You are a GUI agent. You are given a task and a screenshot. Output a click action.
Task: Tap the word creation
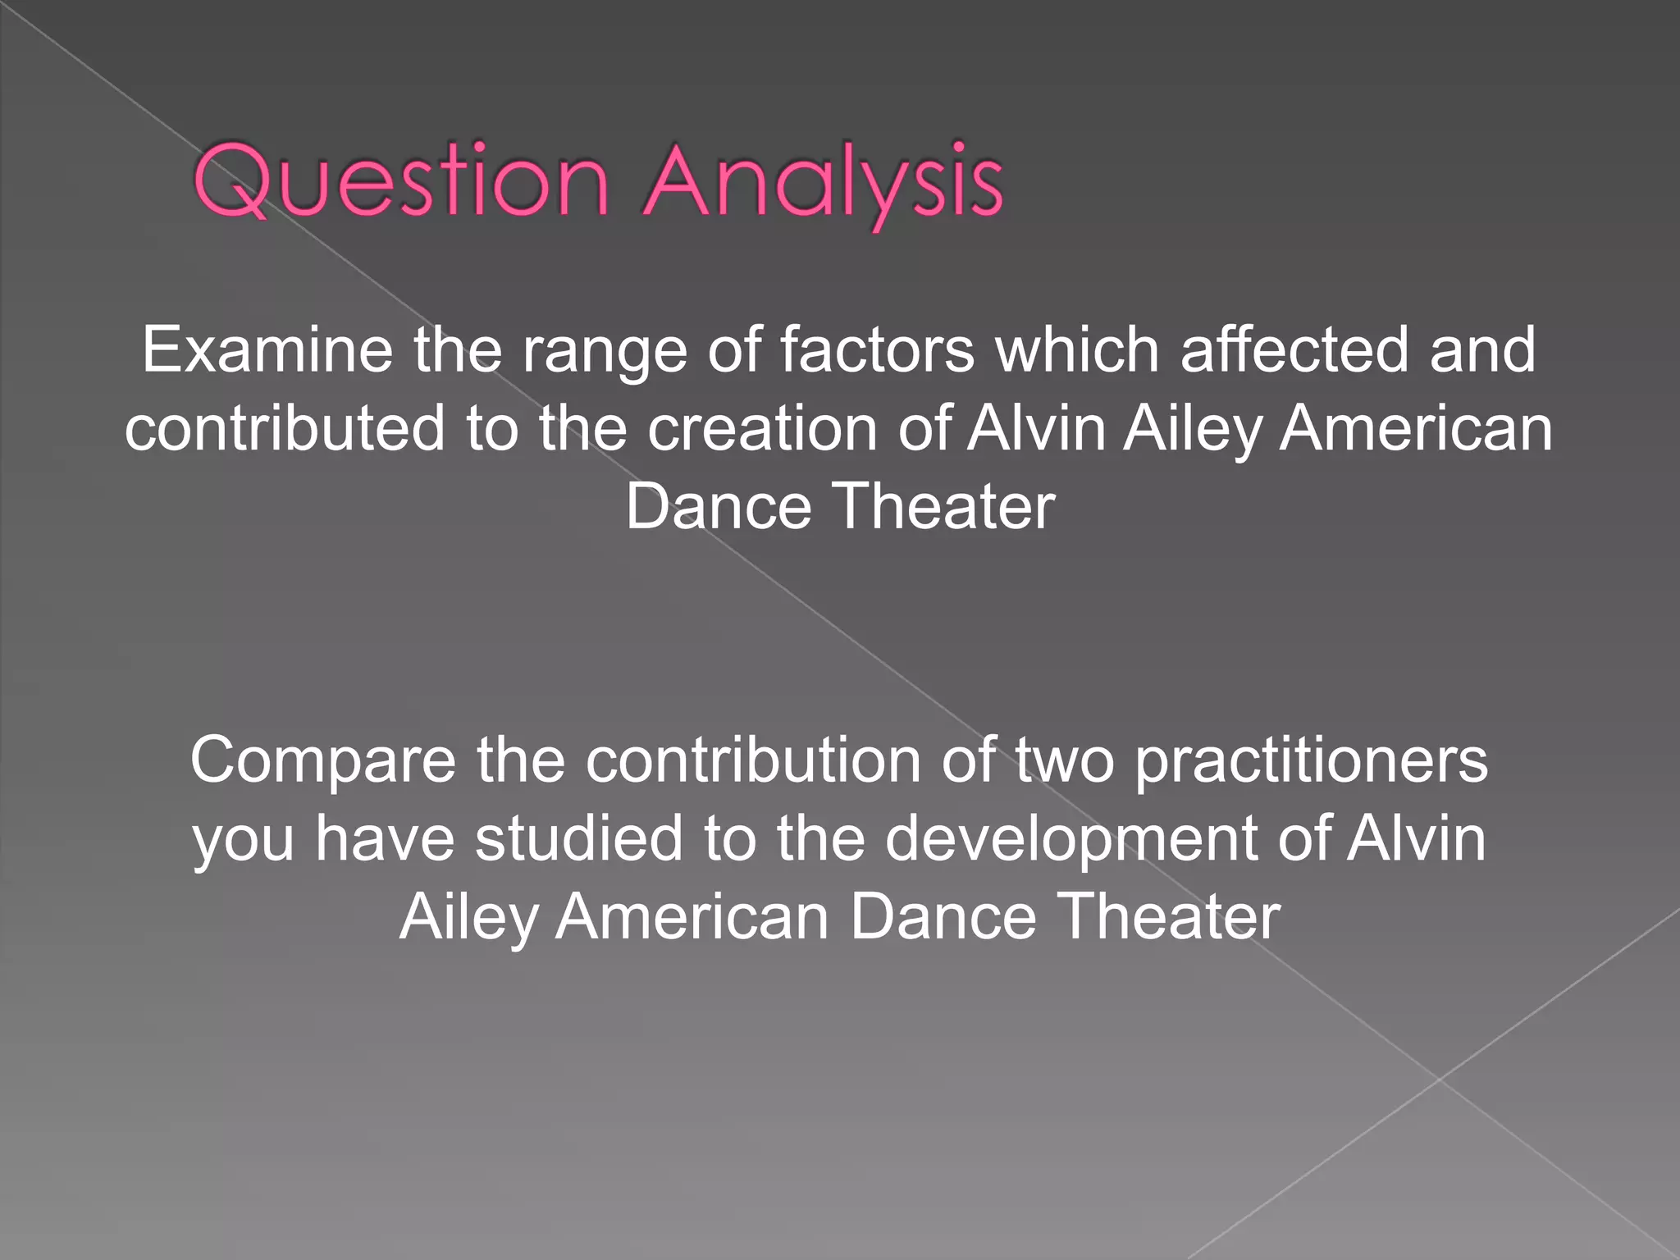tap(762, 428)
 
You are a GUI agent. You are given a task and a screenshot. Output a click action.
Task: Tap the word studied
tap(578, 838)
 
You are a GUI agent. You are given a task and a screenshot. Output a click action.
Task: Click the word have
tap(385, 838)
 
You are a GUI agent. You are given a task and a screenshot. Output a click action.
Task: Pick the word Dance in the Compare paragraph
tap(943, 916)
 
